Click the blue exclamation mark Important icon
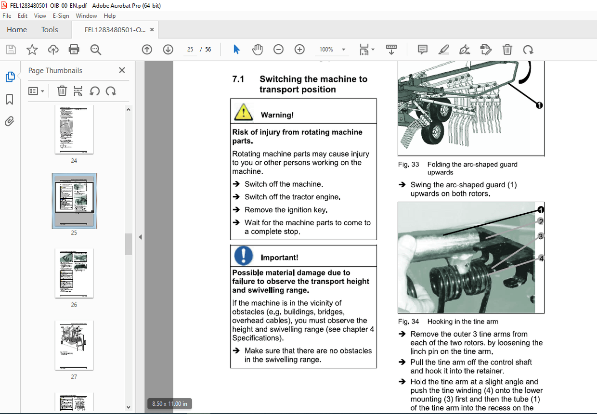tap(244, 256)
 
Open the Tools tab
tap(50, 30)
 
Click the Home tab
tap(17, 30)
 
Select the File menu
tap(7, 16)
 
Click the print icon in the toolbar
tap(74, 50)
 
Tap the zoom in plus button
tap(299, 50)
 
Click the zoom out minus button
tap(278, 50)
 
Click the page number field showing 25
tap(190, 50)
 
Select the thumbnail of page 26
tap(74, 273)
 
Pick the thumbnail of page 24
tap(74, 129)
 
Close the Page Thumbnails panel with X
tap(122, 70)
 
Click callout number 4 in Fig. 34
tap(541, 259)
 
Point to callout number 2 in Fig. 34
tap(541, 221)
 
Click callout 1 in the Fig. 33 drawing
tap(539, 105)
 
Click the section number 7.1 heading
tap(238, 79)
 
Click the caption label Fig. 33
tap(408, 165)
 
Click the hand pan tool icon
tap(258, 50)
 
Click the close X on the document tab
tap(152, 30)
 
